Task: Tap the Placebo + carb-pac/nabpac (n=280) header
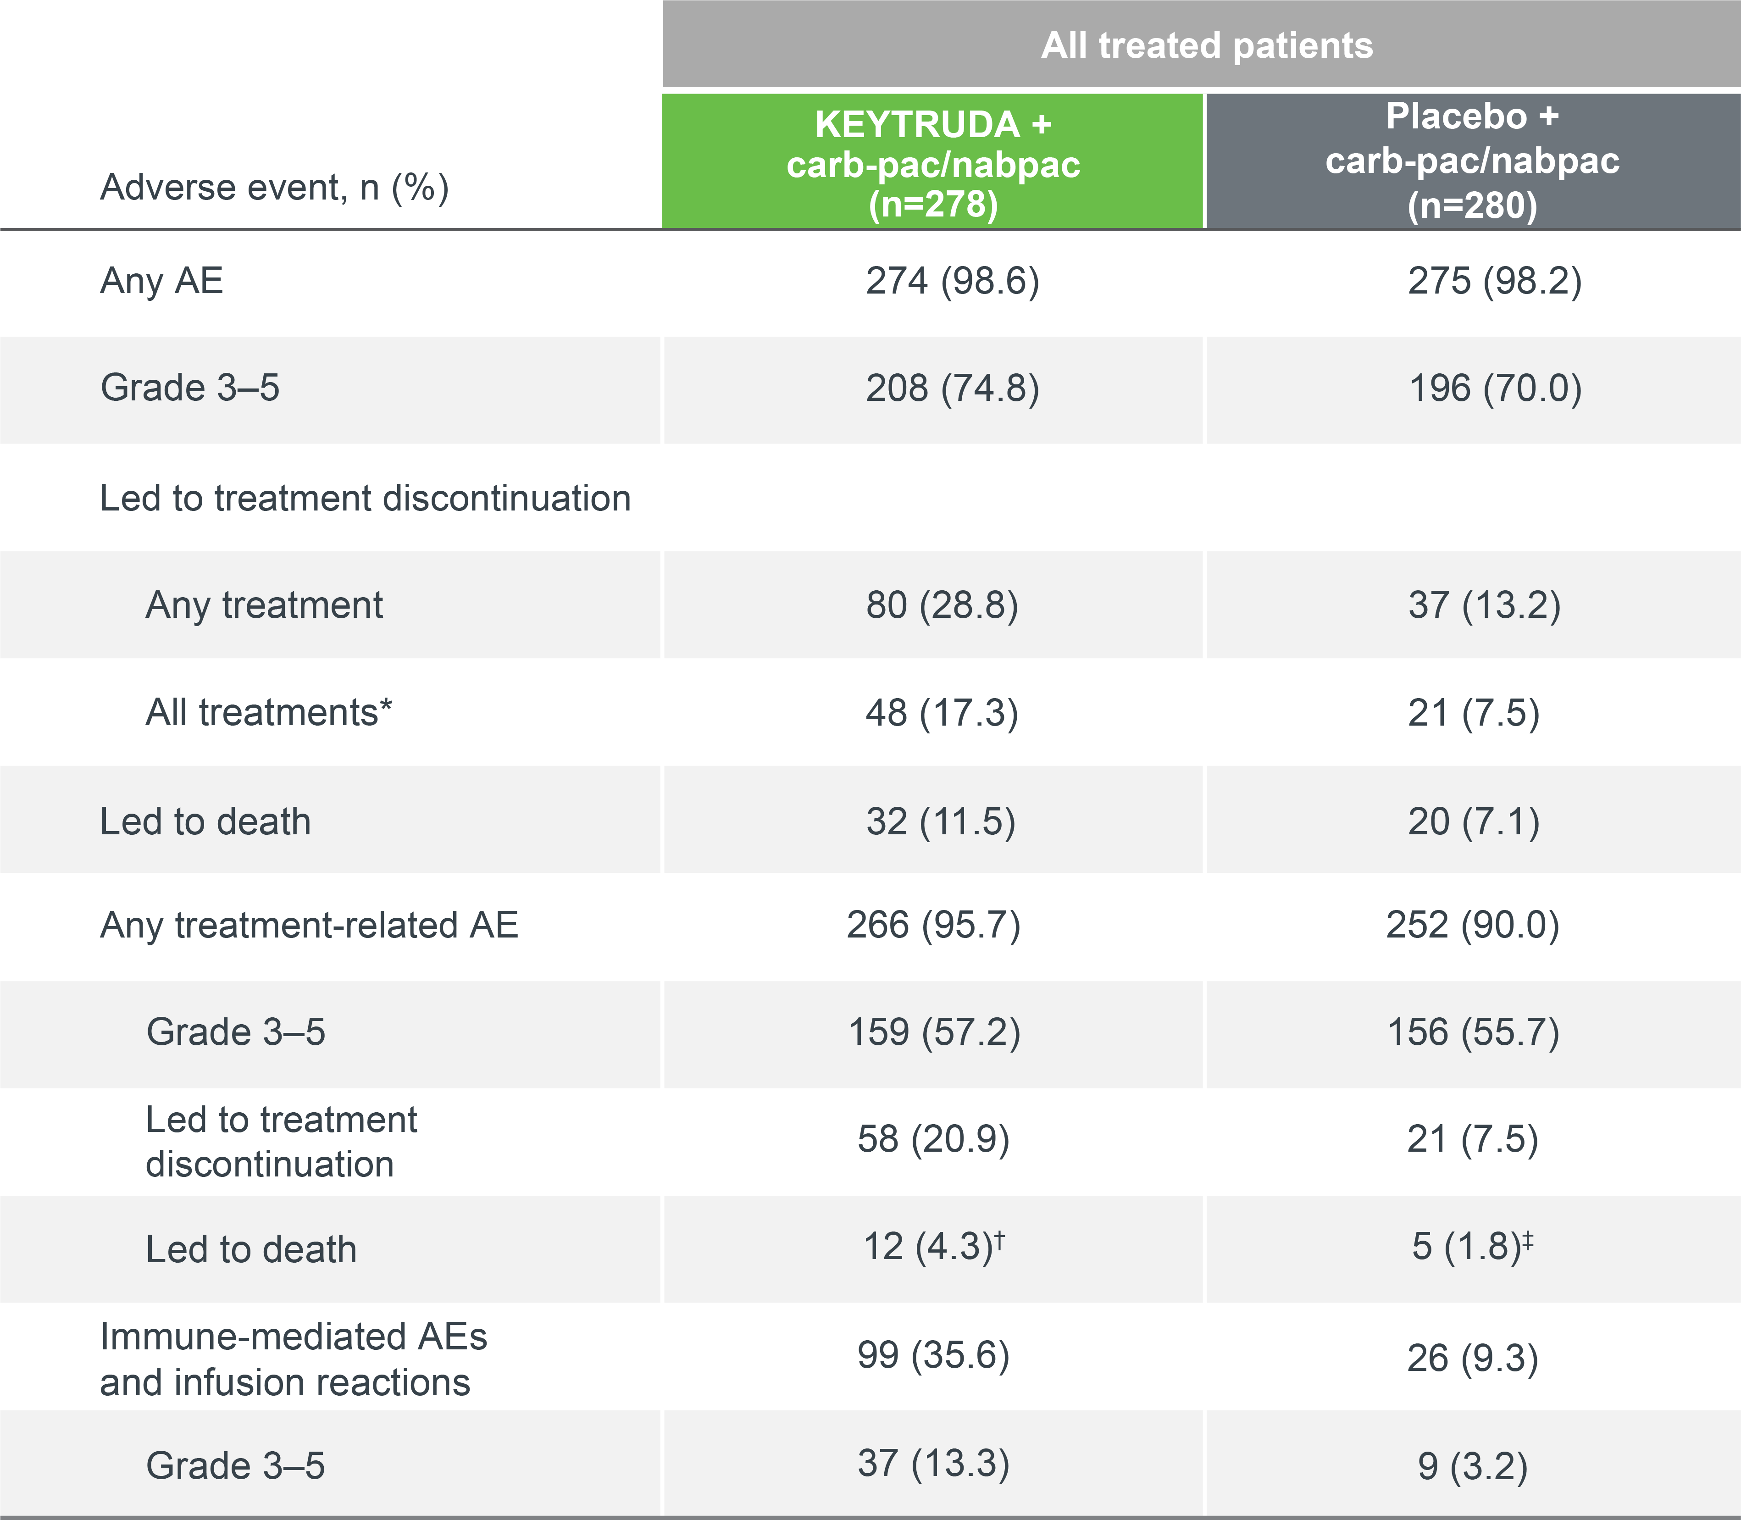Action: pos(1472,161)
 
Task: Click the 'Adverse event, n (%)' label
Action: pos(274,188)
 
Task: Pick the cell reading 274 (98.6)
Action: pos(952,281)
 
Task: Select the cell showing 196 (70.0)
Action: pos(1494,388)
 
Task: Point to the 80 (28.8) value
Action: pos(941,605)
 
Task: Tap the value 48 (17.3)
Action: pos(941,712)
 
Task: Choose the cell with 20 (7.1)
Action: pos(1473,821)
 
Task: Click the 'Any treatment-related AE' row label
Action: pos(309,925)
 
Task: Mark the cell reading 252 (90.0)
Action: pos(1472,925)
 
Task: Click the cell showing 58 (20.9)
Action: pos(933,1139)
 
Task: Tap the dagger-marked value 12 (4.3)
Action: pos(933,1247)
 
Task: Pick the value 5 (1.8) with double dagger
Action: pos(1472,1247)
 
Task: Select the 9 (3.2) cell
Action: pos(1472,1466)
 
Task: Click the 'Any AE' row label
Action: pos(161,281)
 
